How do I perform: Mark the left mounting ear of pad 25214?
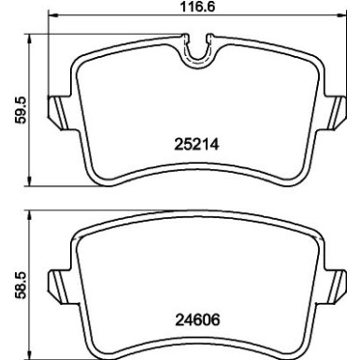coord(57,111)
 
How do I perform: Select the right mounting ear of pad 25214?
coord(338,111)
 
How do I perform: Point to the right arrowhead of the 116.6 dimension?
coord(346,16)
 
